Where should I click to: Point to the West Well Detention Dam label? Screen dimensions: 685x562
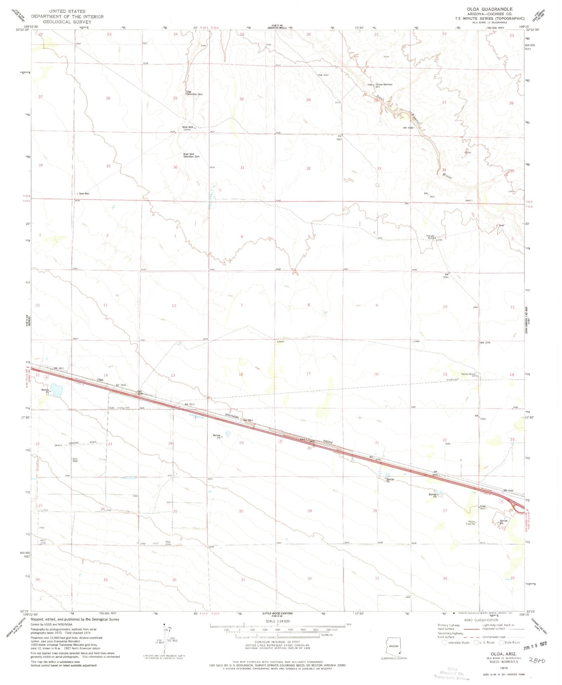(191, 155)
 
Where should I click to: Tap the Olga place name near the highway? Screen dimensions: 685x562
(100, 379)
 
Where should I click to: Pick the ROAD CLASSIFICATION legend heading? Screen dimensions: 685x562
(481, 620)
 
